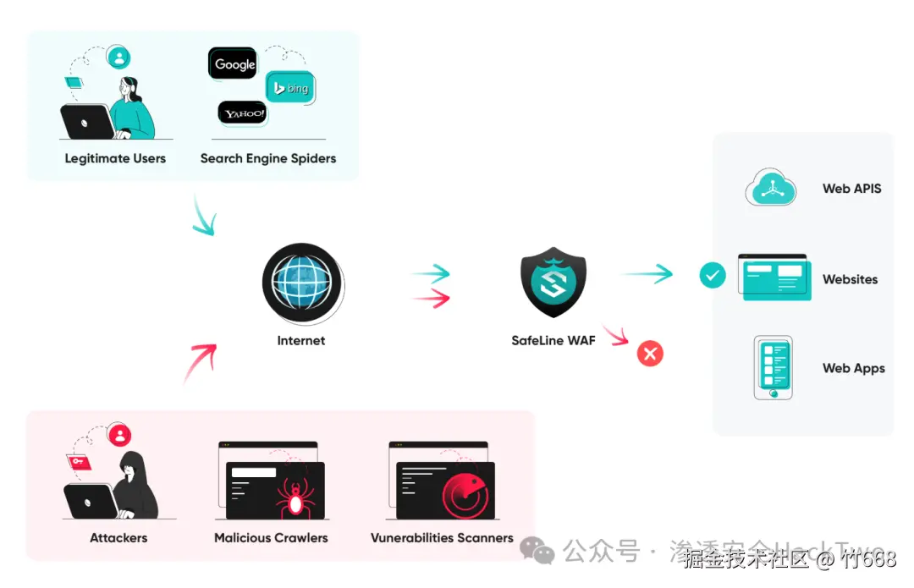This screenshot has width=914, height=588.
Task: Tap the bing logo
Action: coord(290,88)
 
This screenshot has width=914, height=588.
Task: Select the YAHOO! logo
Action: coord(243,113)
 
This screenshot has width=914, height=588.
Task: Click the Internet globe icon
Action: coord(301,281)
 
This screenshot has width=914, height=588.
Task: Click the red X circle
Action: coord(650,353)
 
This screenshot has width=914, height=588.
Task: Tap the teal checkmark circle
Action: coord(713,275)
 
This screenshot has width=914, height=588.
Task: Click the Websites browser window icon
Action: coord(774,277)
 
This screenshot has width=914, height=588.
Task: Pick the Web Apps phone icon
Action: coord(774,367)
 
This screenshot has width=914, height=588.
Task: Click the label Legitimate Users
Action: coord(115,158)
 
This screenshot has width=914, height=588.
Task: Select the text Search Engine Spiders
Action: coord(267,158)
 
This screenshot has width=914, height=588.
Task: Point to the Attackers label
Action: coord(118,537)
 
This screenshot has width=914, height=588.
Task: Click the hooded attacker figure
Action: coord(135,486)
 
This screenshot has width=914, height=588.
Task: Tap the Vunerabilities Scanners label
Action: coord(442,537)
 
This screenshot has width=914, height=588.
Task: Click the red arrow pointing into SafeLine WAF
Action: coord(430,298)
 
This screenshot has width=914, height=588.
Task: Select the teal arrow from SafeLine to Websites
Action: coord(647,273)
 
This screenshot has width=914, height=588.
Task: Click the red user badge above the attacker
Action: coord(121,436)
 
